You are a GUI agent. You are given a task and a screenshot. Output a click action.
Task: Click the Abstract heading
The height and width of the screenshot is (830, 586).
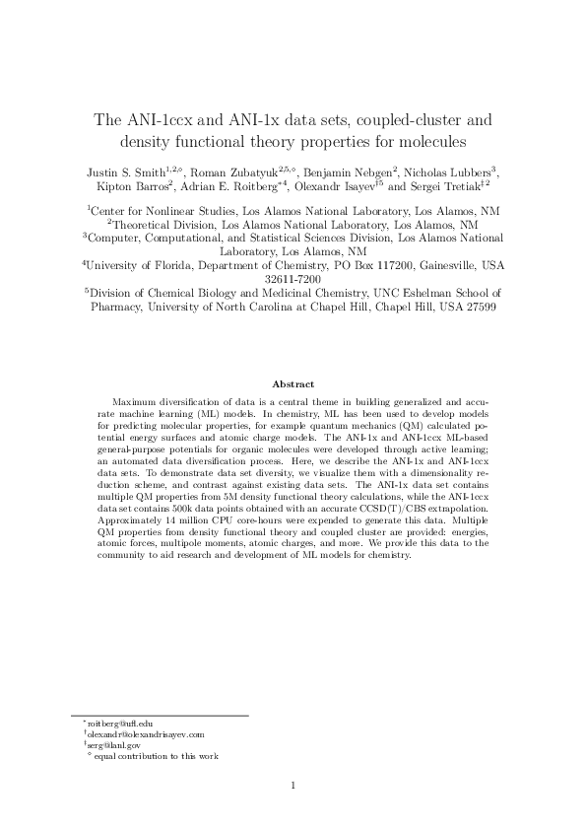click(293, 383)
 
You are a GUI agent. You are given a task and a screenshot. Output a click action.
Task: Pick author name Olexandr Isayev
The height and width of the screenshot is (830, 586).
click(341, 185)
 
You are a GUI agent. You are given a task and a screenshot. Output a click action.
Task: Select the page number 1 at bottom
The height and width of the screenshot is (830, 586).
click(293, 786)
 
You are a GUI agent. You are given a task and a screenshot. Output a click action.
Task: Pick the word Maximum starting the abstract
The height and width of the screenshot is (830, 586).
click(135, 402)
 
